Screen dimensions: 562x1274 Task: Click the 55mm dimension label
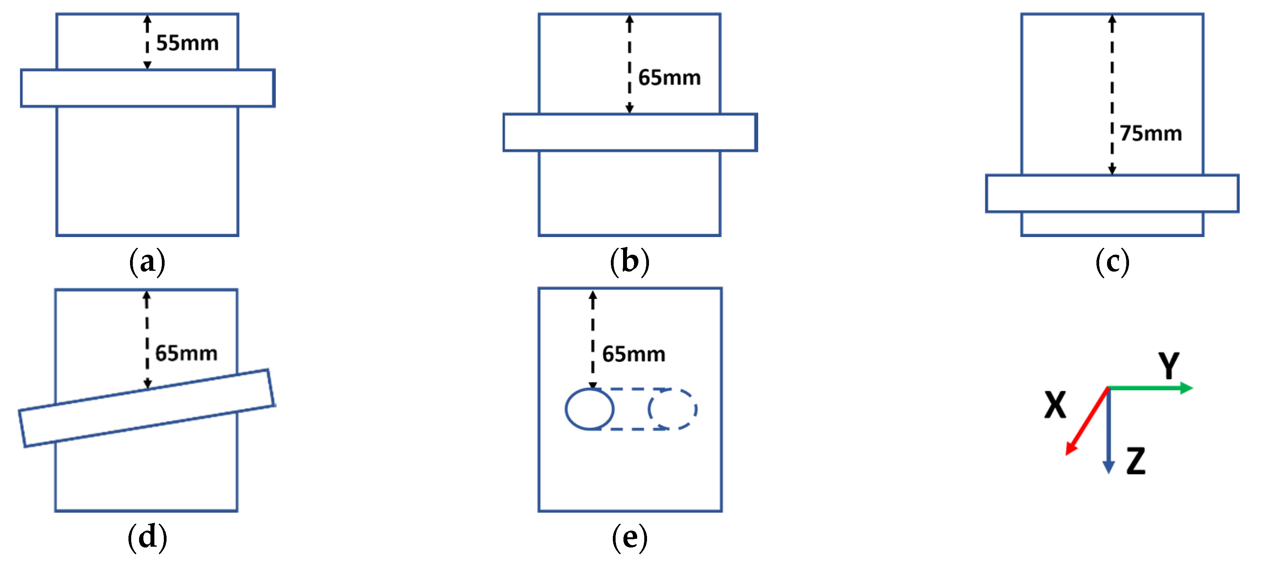click(x=187, y=44)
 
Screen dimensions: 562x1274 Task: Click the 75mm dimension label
click(x=1151, y=133)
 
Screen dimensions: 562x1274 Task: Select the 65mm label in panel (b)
click(x=669, y=78)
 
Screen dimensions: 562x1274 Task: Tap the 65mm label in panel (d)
click(x=186, y=354)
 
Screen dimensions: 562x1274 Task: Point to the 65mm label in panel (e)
click(x=634, y=354)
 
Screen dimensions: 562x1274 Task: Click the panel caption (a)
click(x=147, y=262)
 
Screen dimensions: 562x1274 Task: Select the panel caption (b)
click(x=629, y=262)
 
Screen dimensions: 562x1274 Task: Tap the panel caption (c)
click(x=1112, y=262)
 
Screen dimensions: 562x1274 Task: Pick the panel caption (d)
click(x=147, y=537)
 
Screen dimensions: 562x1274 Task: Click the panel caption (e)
click(x=629, y=537)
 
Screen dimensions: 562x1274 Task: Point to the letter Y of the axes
click(x=1169, y=365)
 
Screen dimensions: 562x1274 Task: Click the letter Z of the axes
click(x=1136, y=461)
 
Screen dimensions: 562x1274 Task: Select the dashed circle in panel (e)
click(x=673, y=409)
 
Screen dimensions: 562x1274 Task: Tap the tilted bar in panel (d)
click(x=147, y=408)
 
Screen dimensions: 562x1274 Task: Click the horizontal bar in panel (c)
click(x=1112, y=193)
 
